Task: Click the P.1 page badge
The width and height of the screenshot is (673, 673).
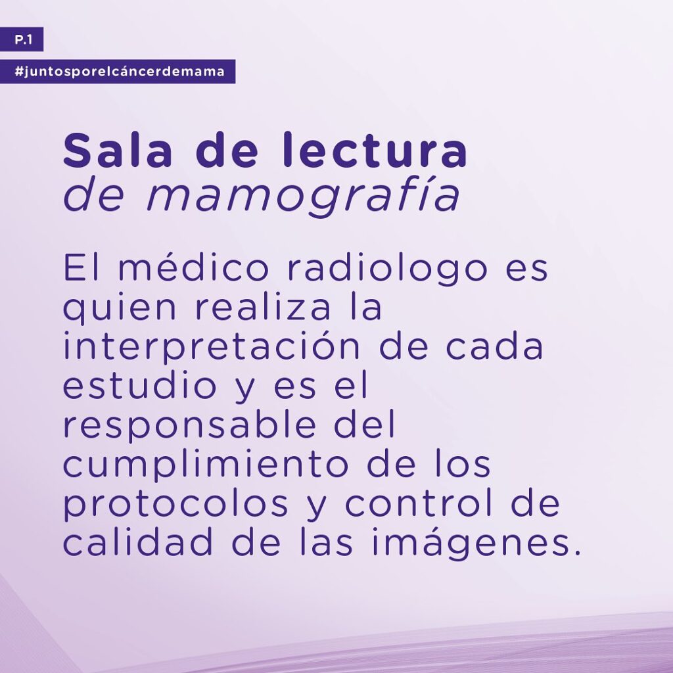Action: click(x=22, y=39)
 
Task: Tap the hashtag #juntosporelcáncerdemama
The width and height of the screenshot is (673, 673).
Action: click(x=118, y=71)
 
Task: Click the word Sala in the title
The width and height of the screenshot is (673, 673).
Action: click(x=118, y=151)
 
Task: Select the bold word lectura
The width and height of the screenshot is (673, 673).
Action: click(x=375, y=151)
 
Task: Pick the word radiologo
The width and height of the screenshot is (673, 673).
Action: click(x=388, y=269)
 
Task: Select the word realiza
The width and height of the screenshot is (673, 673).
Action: click(x=264, y=308)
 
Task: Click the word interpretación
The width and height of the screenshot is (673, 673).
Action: click(x=212, y=348)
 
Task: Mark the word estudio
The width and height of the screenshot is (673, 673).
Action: click(x=140, y=386)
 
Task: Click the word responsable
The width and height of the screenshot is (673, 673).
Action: click(x=190, y=427)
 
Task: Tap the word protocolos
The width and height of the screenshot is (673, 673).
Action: click(x=175, y=505)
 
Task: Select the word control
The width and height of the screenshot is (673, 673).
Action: click(x=419, y=503)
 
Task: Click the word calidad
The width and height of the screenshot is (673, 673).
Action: click(x=138, y=542)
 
